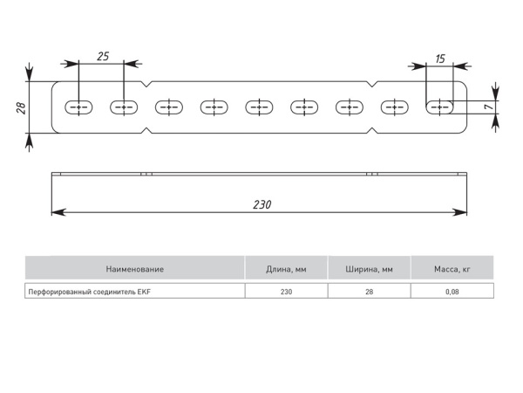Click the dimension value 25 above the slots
[x=102, y=56]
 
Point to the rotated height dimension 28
[x=19, y=107]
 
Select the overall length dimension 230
[x=262, y=204]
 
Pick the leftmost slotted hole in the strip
[x=78, y=107]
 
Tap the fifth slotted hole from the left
[x=259, y=107]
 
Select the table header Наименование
[x=134, y=269]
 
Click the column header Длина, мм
[x=286, y=269]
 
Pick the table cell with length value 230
[x=286, y=292]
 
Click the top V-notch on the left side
[x=146, y=86]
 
